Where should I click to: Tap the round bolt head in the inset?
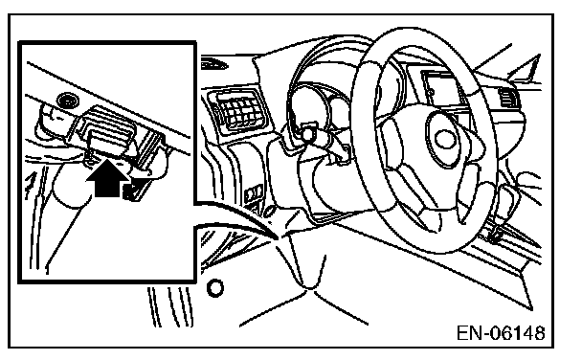point(68,101)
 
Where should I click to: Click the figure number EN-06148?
point(501,333)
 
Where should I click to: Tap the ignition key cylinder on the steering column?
point(307,134)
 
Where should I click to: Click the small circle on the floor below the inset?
point(215,288)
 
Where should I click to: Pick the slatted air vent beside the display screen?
point(507,98)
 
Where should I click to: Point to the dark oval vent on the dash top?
point(213,64)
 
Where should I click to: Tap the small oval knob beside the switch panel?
point(270,211)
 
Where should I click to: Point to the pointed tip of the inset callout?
point(278,237)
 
